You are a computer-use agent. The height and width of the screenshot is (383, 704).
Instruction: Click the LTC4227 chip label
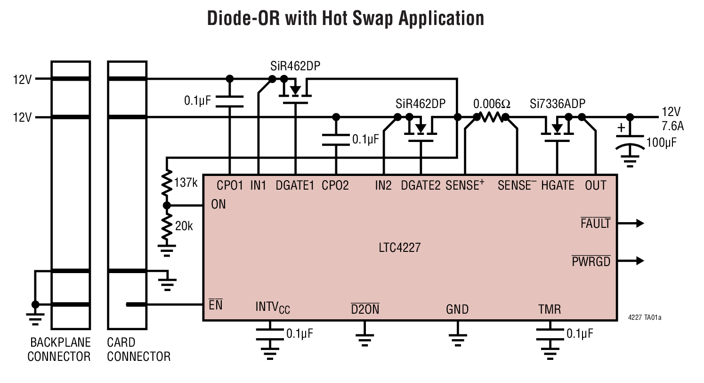click(399, 247)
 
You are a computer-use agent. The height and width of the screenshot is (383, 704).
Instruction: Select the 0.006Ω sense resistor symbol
click(491, 117)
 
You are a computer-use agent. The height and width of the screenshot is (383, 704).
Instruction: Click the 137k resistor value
click(186, 183)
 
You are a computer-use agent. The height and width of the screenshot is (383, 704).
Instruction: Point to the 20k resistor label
click(184, 226)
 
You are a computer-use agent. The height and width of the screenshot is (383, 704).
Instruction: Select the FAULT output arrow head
click(639, 224)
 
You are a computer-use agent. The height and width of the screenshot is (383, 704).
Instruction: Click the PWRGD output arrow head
click(639, 261)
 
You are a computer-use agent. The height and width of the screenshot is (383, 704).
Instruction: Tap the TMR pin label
click(549, 310)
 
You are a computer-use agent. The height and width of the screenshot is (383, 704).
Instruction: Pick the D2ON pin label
click(365, 310)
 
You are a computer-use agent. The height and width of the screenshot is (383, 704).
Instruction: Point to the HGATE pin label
click(558, 186)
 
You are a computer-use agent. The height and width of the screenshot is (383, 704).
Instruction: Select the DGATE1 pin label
click(295, 186)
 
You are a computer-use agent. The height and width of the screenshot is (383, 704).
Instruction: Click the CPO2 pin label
click(335, 186)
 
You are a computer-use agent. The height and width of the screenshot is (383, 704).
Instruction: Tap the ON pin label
click(218, 205)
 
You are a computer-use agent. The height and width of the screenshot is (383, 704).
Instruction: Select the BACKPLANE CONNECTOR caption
click(59, 350)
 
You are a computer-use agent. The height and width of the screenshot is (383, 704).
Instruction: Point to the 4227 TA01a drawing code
click(645, 318)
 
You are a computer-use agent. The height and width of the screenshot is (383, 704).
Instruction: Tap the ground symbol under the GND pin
click(457, 338)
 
